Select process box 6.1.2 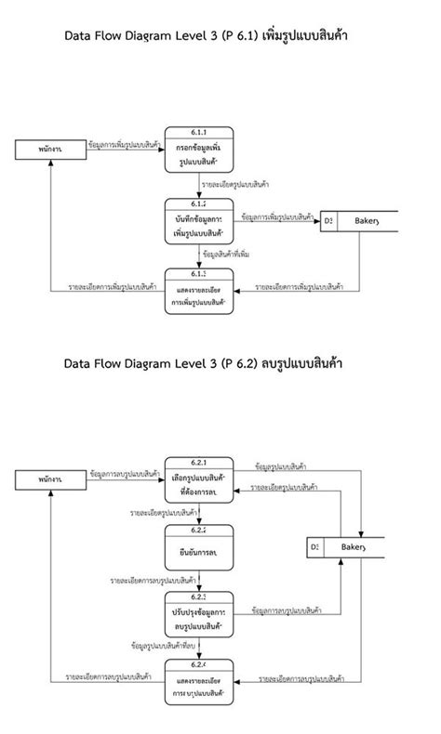coord(198,221)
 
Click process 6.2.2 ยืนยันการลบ coord(198,549)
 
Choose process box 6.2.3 coord(198,616)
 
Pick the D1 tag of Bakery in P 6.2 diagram coord(314,548)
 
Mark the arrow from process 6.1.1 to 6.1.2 coord(198,186)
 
